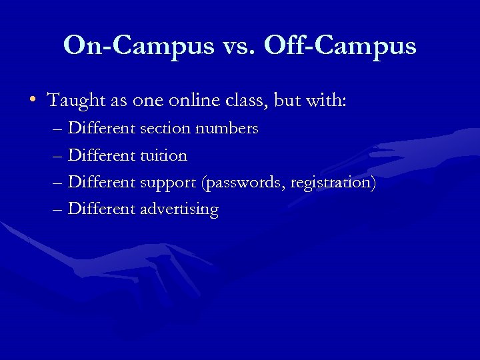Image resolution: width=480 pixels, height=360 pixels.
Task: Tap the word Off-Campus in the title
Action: pos(340,45)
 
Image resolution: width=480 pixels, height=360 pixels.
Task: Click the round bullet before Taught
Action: pos(33,101)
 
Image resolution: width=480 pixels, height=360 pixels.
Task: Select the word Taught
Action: pos(75,101)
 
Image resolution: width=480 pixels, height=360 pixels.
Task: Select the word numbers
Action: pos(230,128)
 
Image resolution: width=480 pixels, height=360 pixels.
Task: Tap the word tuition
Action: pos(164,155)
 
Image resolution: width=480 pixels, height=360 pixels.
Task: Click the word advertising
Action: pos(179,210)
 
